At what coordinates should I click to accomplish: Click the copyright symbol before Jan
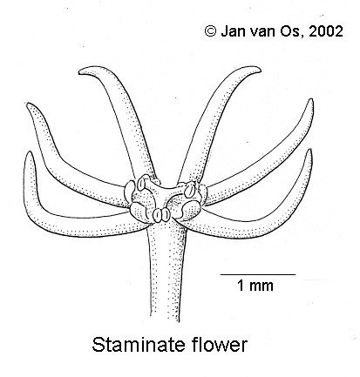pos(210,31)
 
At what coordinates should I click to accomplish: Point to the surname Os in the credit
pos(289,31)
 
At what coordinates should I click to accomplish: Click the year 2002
pos(326,31)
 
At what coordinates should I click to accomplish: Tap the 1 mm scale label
pos(255,286)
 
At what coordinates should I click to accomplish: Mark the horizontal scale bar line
pos(258,274)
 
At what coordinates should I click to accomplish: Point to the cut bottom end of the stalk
pos(165,319)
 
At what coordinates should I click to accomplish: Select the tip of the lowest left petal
pos(28,153)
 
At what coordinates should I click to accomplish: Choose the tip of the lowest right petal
pos(309,151)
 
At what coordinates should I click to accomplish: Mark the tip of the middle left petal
pos(28,104)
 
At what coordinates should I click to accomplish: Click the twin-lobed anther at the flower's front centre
pos(160,215)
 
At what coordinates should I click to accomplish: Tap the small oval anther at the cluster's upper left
pos(141,183)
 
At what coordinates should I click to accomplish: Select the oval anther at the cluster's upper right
pos(189,188)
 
